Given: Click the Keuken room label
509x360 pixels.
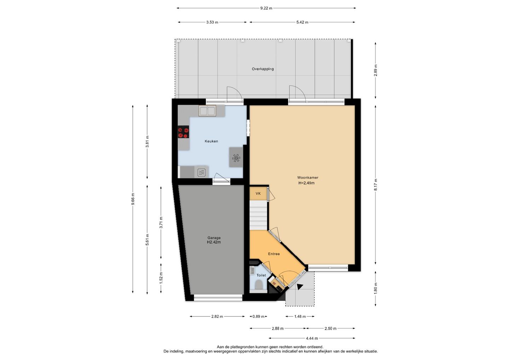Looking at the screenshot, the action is tap(211, 141).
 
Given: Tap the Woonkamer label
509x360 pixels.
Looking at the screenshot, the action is tap(308, 178).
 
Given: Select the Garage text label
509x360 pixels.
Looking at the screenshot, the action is tap(214, 238).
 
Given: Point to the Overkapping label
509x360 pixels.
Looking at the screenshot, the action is tap(263, 69).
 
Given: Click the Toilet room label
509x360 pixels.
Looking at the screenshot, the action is tap(261, 275).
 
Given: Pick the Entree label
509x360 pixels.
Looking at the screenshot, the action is tap(274, 254).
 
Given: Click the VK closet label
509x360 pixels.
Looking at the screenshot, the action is tap(258, 193).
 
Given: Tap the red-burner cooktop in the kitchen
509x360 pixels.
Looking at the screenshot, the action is tap(183, 132).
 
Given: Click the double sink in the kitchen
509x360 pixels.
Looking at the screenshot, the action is tap(207, 111).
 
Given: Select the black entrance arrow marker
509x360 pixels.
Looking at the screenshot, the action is tap(300, 287).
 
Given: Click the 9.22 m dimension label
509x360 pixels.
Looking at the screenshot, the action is tap(266, 8).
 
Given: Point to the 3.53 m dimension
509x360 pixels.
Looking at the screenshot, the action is tap(212, 22).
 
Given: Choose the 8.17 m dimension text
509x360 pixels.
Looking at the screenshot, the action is tap(375, 185).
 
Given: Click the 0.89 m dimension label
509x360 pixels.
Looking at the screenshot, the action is tap(258, 317).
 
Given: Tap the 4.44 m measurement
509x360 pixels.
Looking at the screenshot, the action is tap(312, 338).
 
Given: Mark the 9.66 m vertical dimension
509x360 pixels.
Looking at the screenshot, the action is tap(133, 199).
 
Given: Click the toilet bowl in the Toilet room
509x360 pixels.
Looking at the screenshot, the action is tap(259, 285).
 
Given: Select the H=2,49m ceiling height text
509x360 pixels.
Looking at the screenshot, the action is tap(306, 183).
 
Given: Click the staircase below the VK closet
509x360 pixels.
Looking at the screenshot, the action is tap(258, 215).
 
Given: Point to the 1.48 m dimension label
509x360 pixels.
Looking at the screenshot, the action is tap(300, 317).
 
